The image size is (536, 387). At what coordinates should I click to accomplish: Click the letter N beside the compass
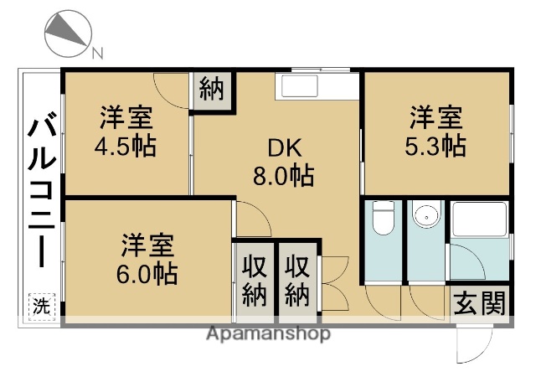97,54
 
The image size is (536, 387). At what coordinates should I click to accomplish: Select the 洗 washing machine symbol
40,307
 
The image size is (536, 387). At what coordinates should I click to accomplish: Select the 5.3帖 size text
435,144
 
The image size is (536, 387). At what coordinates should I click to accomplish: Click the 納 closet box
213,89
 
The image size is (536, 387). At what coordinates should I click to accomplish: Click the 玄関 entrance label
480,302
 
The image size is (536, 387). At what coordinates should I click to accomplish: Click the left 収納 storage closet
254,281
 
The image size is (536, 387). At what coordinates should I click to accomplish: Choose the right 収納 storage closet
297,281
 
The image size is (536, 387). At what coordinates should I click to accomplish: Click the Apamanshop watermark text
267,334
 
